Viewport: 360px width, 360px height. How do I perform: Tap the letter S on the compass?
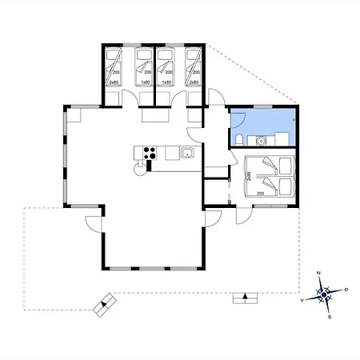[329, 317]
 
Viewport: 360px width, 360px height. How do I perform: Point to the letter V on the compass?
[302, 302]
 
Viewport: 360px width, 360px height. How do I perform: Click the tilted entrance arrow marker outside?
[105, 305]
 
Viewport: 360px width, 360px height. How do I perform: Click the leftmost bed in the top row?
[114, 67]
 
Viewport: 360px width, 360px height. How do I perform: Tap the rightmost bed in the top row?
[193, 67]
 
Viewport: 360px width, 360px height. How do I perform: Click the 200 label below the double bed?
[260, 194]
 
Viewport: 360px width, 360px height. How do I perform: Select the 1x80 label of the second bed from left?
[146, 82]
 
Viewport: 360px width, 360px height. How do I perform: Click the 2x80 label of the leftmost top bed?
[114, 82]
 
